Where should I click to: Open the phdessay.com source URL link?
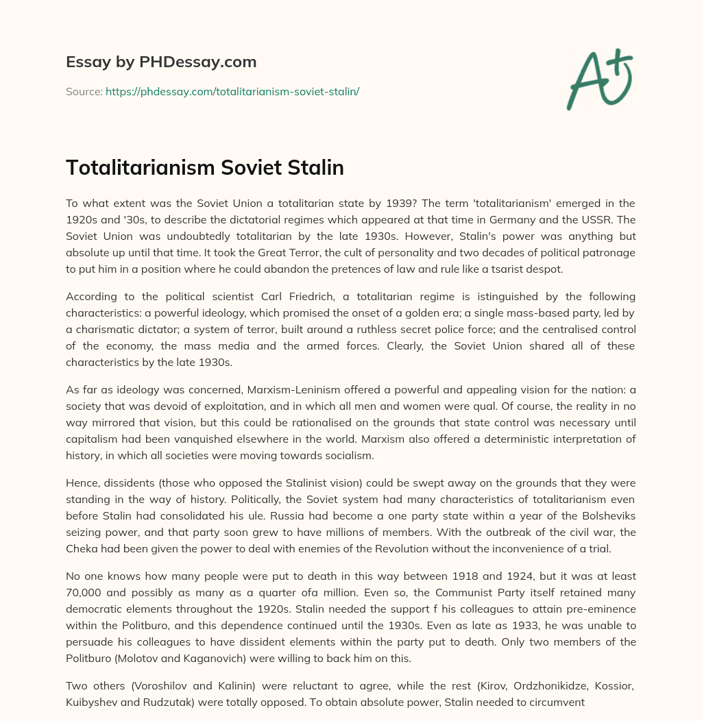(x=232, y=91)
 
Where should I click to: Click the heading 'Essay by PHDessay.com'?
(x=161, y=62)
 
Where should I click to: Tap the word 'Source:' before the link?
(x=84, y=91)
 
